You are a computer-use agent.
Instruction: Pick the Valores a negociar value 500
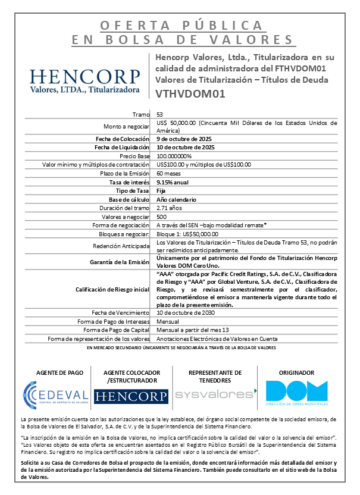tap(161, 217)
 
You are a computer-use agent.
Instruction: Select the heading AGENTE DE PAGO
tap(56, 372)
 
